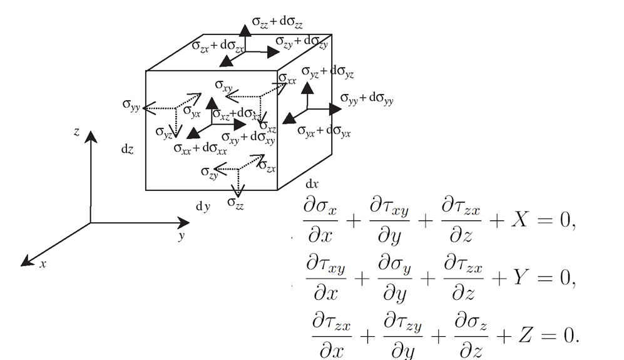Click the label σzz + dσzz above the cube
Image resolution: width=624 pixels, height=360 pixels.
pyautogui.click(x=277, y=22)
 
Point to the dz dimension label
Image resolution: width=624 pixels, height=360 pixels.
pyautogui.click(x=127, y=151)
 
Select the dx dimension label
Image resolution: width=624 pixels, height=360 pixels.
pyautogui.click(x=312, y=185)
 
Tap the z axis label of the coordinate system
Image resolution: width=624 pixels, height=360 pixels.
pyautogui.click(x=76, y=133)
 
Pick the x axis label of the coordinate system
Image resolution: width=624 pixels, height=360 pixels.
pyautogui.click(x=43, y=264)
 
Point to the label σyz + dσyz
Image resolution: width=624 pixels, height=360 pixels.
pyautogui.click(x=327, y=73)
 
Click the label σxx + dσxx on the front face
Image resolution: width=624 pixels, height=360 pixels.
pyautogui.click(x=200, y=148)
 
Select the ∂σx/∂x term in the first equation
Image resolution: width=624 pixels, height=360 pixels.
pyautogui.click(x=320, y=220)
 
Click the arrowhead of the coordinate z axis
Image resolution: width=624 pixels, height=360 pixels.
pyautogui.click(x=91, y=136)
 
